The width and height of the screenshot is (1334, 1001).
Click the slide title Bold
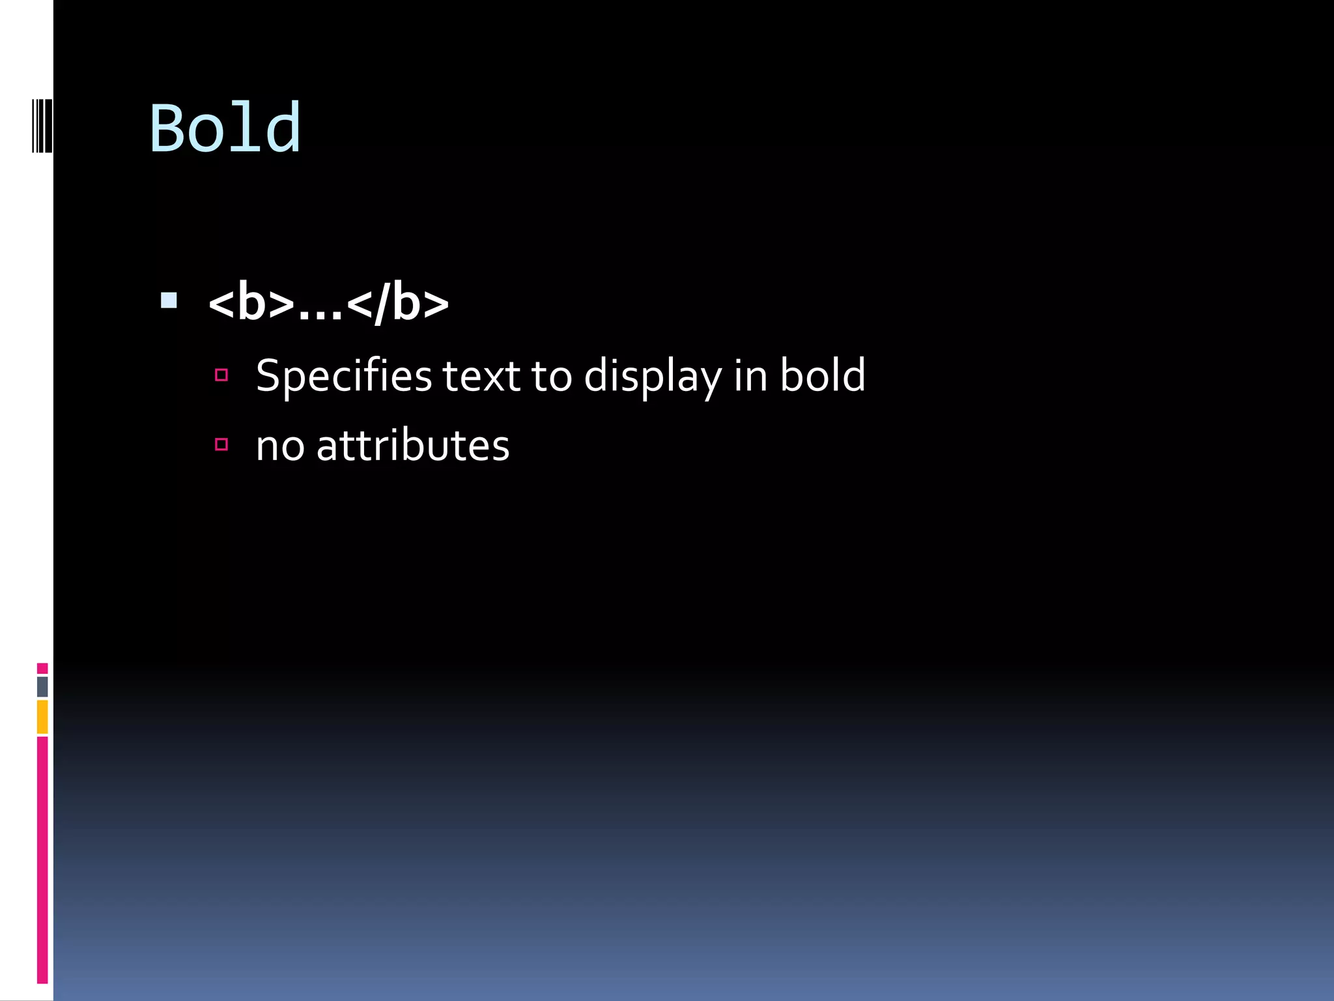[225, 128]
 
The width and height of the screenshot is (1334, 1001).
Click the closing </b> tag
[398, 304]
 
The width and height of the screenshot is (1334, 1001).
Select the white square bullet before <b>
[169, 300]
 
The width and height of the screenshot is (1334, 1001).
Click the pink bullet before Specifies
[221, 375]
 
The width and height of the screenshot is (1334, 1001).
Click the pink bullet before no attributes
[221, 444]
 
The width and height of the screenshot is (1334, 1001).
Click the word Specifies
[343, 377]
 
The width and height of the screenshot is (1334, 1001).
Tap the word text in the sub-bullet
[481, 377]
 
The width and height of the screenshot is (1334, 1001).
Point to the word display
[652, 377]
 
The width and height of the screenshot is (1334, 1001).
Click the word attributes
[412, 446]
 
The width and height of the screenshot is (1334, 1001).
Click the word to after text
[552, 377]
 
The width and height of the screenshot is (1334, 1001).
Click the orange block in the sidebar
[42, 716]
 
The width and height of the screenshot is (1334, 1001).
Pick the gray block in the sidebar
[42, 686]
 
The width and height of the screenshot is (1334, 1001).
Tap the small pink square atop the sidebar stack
[42, 668]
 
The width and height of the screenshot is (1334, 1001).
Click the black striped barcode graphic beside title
[42, 125]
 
